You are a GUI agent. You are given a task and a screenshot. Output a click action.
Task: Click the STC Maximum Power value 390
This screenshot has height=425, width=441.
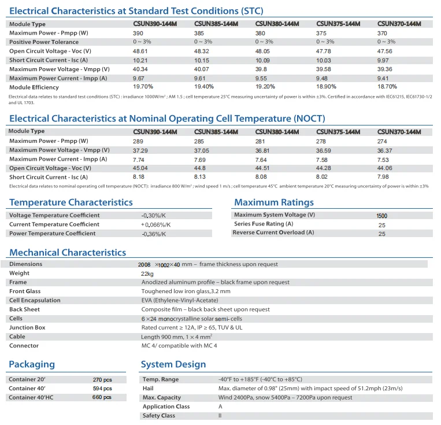tap(138, 33)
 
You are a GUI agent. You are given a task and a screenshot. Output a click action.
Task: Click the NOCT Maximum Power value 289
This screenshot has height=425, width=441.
tap(138, 141)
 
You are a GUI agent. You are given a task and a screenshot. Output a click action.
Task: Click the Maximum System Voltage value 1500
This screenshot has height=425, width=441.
tap(381, 216)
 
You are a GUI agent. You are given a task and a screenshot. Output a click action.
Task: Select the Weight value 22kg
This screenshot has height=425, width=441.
tap(147, 274)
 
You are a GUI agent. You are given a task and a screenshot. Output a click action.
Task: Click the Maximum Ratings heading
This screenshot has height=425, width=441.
tap(274, 202)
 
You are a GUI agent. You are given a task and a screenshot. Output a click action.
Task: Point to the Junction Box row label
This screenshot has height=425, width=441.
tap(27, 327)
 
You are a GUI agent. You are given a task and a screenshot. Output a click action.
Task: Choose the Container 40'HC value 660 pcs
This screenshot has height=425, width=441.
tap(102, 398)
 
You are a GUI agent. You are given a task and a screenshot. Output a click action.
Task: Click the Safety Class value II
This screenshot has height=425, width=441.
tap(220, 416)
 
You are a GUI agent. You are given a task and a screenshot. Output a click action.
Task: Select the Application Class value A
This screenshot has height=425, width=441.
tap(220, 406)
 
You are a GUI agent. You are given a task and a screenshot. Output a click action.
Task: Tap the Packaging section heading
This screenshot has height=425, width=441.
tap(32, 364)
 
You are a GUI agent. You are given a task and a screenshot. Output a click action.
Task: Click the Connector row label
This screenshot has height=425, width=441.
tap(24, 346)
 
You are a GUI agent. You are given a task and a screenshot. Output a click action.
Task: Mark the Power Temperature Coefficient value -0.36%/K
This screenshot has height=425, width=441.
tap(154, 234)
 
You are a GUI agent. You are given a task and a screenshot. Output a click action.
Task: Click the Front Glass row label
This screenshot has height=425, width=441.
tap(25, 291)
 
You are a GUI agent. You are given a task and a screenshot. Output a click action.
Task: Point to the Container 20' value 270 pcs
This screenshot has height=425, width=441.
tap(102, 380)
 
